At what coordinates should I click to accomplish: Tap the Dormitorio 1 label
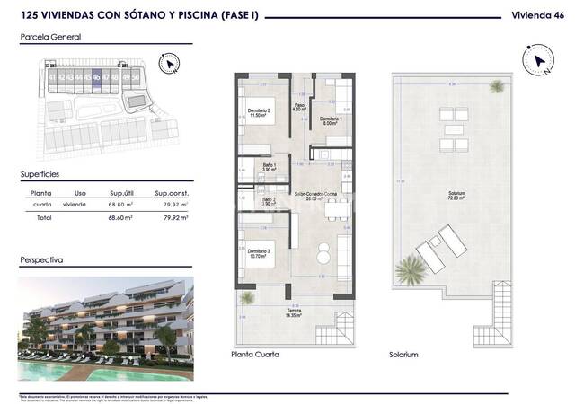pos(331,120)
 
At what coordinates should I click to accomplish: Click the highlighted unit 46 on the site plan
pos(96,78)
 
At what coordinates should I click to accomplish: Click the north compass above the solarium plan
pos(541,60)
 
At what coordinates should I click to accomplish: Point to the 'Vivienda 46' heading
pos(535,14)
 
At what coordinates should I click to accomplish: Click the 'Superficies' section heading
pos(40,174)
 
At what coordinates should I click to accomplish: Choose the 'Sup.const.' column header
pos(170,193)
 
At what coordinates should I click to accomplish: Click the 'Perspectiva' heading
pos(41,259)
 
